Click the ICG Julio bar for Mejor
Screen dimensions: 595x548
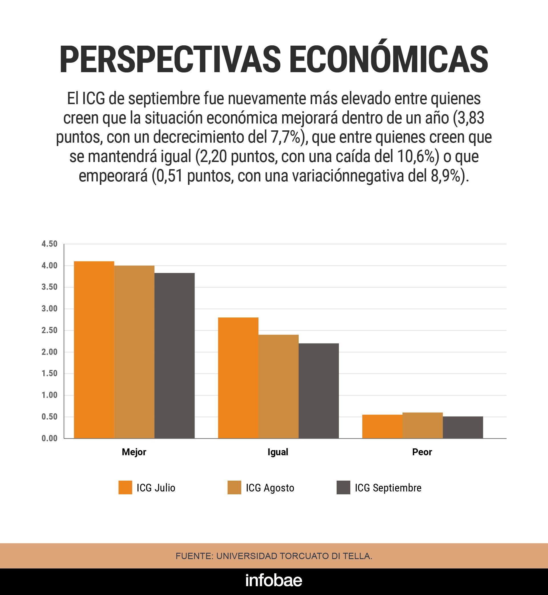(x=94, y=350)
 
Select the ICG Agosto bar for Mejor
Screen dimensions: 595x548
(x=134, y=352)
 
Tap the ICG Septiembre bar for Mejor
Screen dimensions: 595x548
(x=174, y=356)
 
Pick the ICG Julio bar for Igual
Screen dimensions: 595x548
(x=238, y=378)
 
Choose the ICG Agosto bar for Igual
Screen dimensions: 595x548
(x=278, y=386)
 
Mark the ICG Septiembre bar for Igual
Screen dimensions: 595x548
(x=318, y=391)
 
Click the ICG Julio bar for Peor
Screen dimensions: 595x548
(x=382, y=426)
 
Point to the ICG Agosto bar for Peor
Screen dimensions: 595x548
(x=422, y=425)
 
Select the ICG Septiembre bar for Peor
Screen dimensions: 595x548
(x=463, y=427)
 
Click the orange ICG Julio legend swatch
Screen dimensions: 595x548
(x=125, y=488)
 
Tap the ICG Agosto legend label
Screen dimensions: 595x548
(x=270, y=488)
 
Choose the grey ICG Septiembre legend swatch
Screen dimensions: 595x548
(x=343, y=488)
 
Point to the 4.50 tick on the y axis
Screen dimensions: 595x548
(x=50, y=244)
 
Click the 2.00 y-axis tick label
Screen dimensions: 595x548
(x=50, y=352)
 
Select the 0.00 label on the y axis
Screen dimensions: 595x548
(x=50, y=438)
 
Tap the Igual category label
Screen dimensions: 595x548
(x=278, y=452)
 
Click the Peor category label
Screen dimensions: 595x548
(x=422, y=452)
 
